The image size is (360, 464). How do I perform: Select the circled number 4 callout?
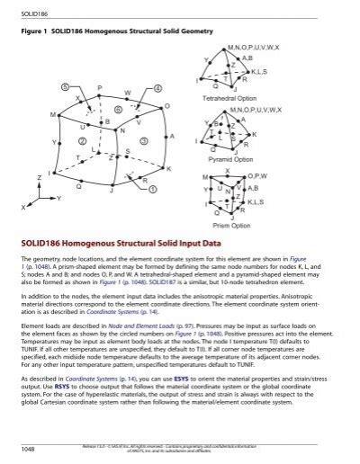157,89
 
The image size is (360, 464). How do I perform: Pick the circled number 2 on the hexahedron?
82,141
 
